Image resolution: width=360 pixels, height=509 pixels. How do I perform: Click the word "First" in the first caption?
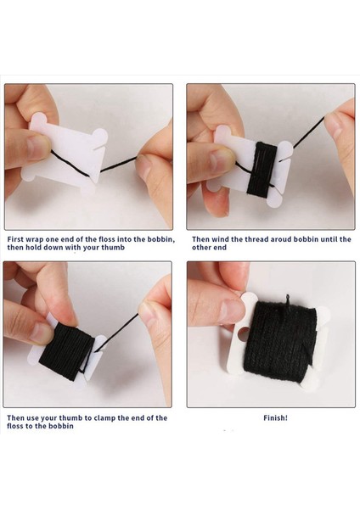[15, 239]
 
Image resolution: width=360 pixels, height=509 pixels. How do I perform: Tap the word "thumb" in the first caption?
[114, 248]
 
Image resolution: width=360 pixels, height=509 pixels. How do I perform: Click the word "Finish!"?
[275, 418]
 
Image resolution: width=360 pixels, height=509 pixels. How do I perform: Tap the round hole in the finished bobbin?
[244, 333]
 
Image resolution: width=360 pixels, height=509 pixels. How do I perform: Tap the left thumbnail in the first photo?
[37, 147]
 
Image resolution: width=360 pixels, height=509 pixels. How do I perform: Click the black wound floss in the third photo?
[66, 352]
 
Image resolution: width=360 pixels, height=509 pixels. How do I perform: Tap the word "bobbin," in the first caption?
[161, 239]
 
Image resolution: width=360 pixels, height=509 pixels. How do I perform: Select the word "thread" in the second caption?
[256, 239]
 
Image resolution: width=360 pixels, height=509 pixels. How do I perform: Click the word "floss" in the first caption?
[106, 239]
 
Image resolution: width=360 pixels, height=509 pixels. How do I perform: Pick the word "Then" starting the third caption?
[15, 418]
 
